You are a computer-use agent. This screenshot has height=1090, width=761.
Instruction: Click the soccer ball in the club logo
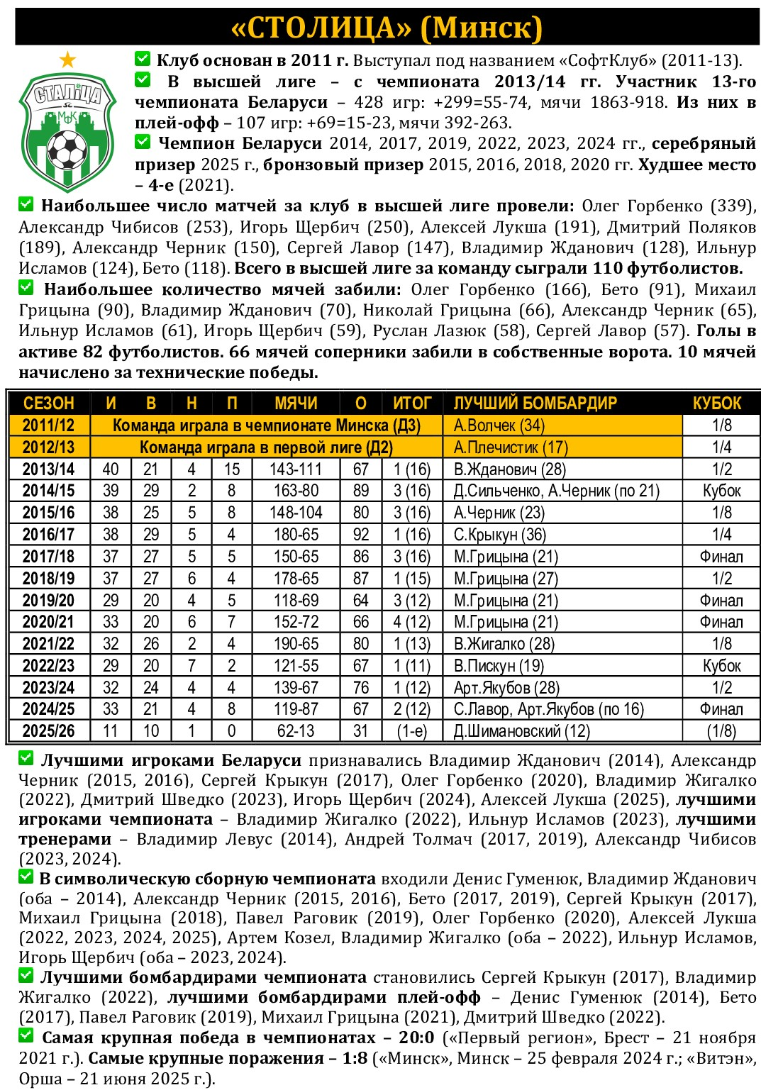(67, 150)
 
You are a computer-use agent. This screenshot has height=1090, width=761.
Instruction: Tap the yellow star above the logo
(67, 60)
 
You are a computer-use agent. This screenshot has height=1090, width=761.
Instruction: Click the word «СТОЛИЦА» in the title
(322, 28)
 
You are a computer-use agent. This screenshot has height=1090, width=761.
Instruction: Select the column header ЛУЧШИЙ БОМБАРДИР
(535, 404)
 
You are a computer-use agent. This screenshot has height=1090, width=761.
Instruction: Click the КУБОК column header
(716, 404)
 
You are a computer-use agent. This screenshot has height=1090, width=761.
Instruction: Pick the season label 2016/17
(48, 535)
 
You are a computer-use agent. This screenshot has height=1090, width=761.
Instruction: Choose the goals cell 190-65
(296, 644)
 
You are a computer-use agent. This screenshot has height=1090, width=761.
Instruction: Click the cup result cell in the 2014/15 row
(721, 491)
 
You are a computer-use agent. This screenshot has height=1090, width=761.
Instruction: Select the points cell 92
(360, 535)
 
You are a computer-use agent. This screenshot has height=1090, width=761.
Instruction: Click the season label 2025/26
(48, 731)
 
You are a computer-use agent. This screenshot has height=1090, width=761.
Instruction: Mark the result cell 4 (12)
(411, 622)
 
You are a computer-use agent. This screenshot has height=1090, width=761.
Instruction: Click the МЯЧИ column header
(296, 404)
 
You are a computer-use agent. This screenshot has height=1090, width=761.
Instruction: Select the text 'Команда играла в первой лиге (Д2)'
(266, 447)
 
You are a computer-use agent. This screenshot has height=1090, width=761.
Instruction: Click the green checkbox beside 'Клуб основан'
(143, 58)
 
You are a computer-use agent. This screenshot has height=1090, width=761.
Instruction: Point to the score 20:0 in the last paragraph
(416, 1038)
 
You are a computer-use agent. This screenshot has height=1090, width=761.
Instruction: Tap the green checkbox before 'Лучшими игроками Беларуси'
(26, 759)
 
